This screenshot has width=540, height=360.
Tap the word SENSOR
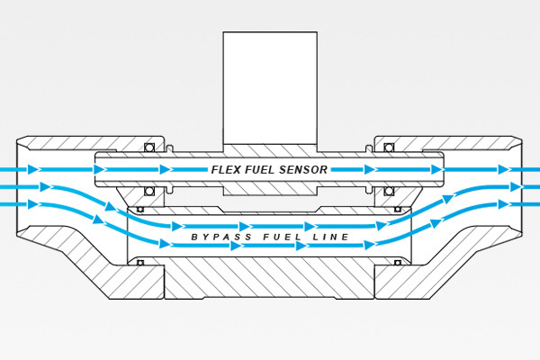304,169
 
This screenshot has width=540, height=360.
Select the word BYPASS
215,237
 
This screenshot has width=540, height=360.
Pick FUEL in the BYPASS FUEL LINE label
269,237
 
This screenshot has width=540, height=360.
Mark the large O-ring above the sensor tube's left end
150,147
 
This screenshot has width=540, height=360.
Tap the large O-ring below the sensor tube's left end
150,191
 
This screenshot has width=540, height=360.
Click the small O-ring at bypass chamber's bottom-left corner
140,263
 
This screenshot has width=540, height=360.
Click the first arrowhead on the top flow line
34,169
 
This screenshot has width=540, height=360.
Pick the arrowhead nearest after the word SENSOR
369,169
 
